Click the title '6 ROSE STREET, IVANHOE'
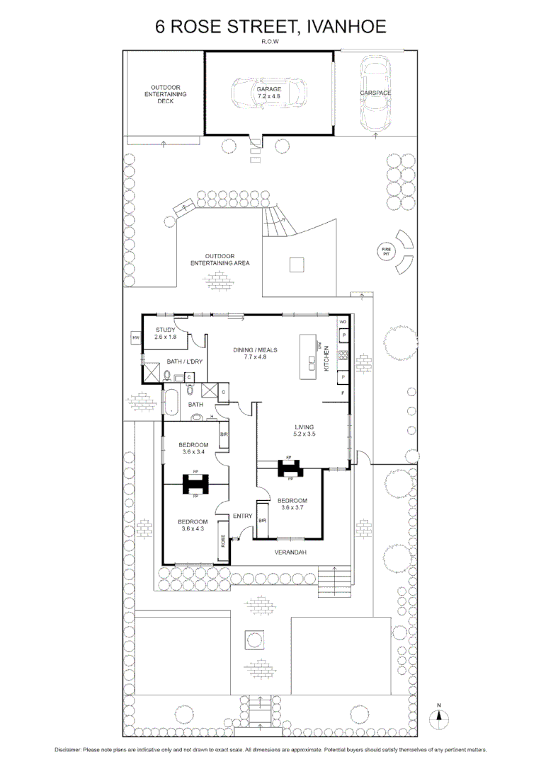click(270, 28)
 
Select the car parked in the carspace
click(375, 93)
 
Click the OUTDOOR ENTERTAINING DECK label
click(165, 94)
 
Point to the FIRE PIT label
click(386, 251)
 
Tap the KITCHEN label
click(326, 359)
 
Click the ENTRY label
click(242, 516)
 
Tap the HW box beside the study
click(135, 338)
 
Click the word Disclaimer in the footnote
click(69, 750)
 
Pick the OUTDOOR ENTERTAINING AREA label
click(220, 260)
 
